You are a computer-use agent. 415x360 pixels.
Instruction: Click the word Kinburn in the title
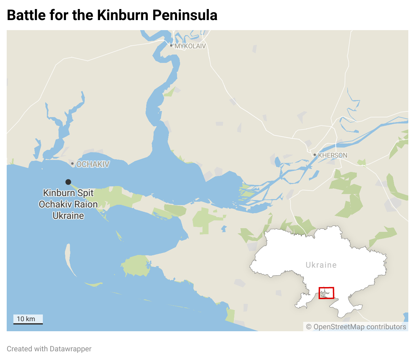coord(122,15)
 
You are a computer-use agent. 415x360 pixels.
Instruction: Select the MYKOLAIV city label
coord(190,46)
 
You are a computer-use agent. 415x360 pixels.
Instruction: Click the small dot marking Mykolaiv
coord(171,46)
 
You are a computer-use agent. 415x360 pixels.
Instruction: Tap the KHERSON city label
coord(333,155)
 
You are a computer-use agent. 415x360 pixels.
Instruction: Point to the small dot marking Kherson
coord(315,155)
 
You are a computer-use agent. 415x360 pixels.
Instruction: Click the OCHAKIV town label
coord(93,164)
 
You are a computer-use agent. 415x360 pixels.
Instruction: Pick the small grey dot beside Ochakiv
coord(72,164)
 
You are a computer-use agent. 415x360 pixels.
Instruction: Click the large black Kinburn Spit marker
coord(68,182)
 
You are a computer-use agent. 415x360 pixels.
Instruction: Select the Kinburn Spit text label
coord(68,193)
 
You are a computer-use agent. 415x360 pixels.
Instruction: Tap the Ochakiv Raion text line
coord(68,204)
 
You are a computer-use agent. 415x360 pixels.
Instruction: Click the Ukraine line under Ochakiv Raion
coord(68,216)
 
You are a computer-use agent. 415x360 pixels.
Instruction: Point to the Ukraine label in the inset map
coord(321,265)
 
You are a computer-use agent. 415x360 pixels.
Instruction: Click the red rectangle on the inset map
coord(326,293)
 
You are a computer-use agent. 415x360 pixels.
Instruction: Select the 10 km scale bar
coord(28,320)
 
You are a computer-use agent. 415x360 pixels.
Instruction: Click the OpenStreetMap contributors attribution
coord(356,327)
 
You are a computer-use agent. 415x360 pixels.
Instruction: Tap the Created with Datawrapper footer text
coord(49,349)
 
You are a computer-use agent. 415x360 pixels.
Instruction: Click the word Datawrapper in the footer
coord(70,349)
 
